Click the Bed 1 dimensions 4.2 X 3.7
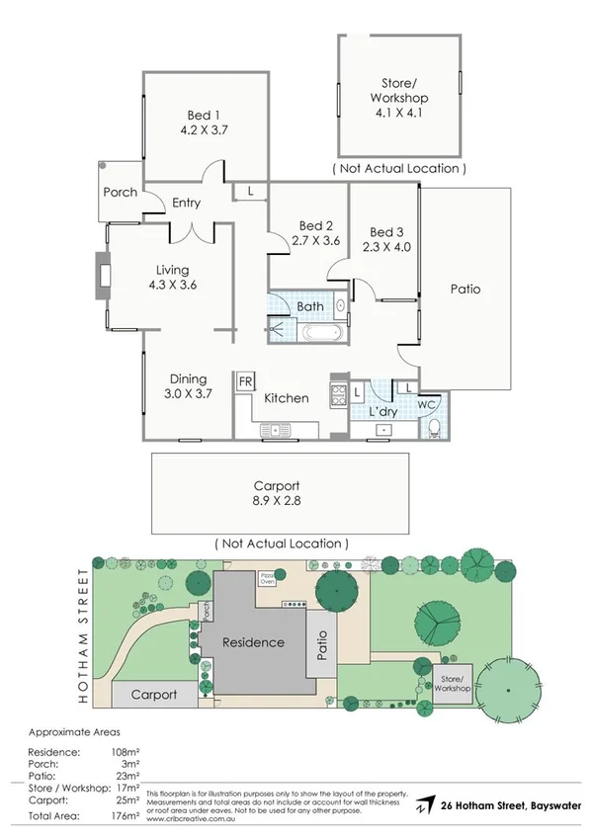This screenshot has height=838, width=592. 206,128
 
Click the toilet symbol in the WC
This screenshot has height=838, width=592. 434,427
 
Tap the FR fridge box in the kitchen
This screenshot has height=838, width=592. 244,380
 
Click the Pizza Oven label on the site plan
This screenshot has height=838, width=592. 267,577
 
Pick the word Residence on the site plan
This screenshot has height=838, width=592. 253,642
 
